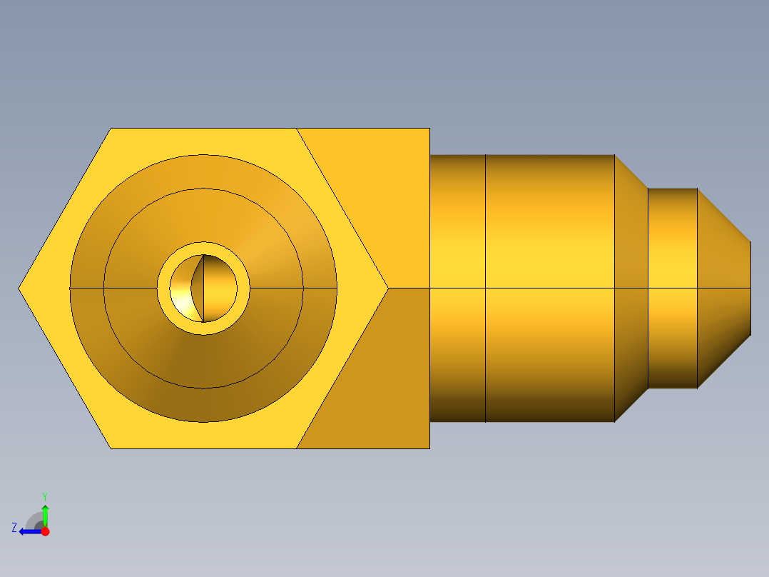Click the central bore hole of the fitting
204,288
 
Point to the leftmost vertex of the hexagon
19,288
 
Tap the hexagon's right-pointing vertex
387,288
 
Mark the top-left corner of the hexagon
111,129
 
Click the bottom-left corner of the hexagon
111,448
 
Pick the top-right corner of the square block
429,129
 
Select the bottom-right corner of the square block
429,448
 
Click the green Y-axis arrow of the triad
45,514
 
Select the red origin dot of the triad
45,531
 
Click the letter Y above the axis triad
45,496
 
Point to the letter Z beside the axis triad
14,528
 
